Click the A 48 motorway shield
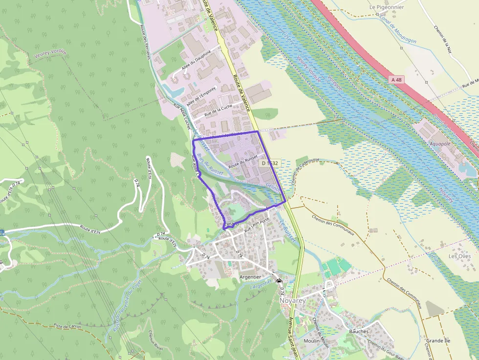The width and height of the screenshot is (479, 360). tap(397, 79)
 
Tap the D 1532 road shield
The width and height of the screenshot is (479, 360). tap(269, 163)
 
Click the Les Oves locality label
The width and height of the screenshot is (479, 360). tap(459, 256)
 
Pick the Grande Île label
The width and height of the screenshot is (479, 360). tap(438, 340)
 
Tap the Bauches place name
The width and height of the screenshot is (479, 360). tap(359, 331)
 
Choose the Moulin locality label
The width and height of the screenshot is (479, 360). tap(312, 340)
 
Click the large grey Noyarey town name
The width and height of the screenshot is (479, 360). tap(292, 301)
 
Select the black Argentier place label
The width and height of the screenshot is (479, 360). tap(251, 277)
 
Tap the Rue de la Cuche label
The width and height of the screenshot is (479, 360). tap(218, 110)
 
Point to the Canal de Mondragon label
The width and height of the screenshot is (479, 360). tap(397, 28)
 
